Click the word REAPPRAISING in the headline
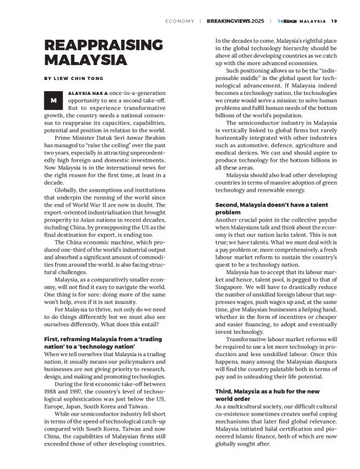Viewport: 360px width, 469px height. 103,46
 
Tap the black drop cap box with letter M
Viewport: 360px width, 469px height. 54,100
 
